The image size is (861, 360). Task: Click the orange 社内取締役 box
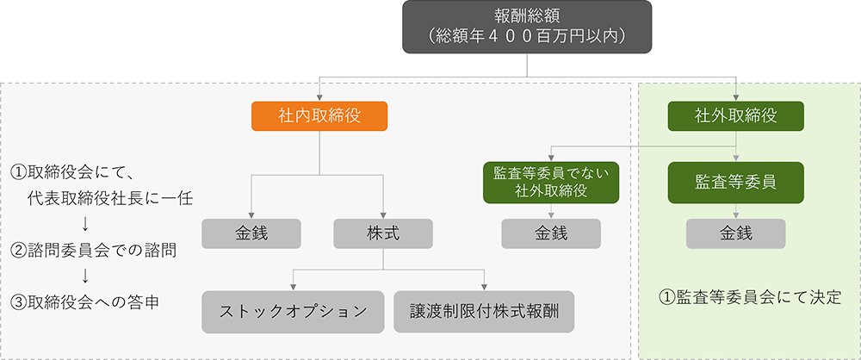point(319,115)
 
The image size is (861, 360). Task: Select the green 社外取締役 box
point(735,115)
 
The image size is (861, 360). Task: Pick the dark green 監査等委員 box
point(735,183)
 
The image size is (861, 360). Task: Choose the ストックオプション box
point(292,311)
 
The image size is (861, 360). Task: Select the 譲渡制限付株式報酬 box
point(486,311)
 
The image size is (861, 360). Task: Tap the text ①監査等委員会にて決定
point(749,298)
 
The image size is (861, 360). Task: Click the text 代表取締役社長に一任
point(108,199)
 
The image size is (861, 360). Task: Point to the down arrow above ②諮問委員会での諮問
point(84,225)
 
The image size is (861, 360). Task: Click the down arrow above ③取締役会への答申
point(84,276)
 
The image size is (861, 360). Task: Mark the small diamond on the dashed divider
point(634,147)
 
